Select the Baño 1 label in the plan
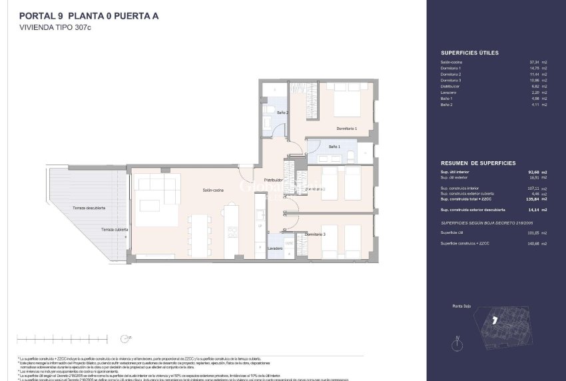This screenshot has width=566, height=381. click(334, 146)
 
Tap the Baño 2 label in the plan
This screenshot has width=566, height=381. click(282, 113)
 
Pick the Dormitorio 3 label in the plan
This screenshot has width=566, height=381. click(315, 234)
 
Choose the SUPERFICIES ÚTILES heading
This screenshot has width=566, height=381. click(469, 52)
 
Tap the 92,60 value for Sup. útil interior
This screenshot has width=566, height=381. click(532, 172)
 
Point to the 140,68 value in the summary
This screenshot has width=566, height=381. click(532, 244)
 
